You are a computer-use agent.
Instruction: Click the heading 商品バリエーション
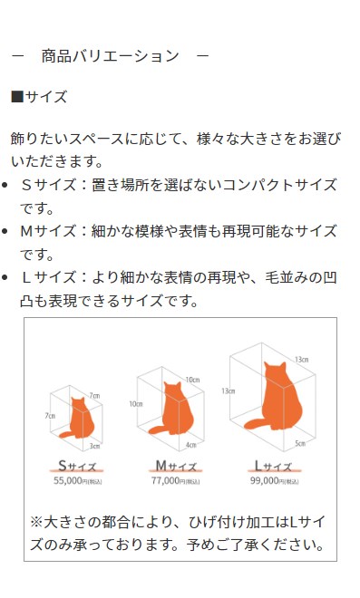point(110,56)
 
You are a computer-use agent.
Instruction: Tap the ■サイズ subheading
point(38,96)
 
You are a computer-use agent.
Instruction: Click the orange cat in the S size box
point(81,418)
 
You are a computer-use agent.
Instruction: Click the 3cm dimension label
point(95,446)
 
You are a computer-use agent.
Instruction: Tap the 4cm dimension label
point(191,445)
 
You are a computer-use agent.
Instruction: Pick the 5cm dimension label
point(300,443)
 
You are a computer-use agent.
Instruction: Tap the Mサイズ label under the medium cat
point(175,467)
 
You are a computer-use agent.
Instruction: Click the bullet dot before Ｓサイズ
point(7,185)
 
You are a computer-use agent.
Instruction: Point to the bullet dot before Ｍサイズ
point(7,231)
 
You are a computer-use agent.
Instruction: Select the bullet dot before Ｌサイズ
point(7,277)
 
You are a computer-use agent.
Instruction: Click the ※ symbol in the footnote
point(37,523)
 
